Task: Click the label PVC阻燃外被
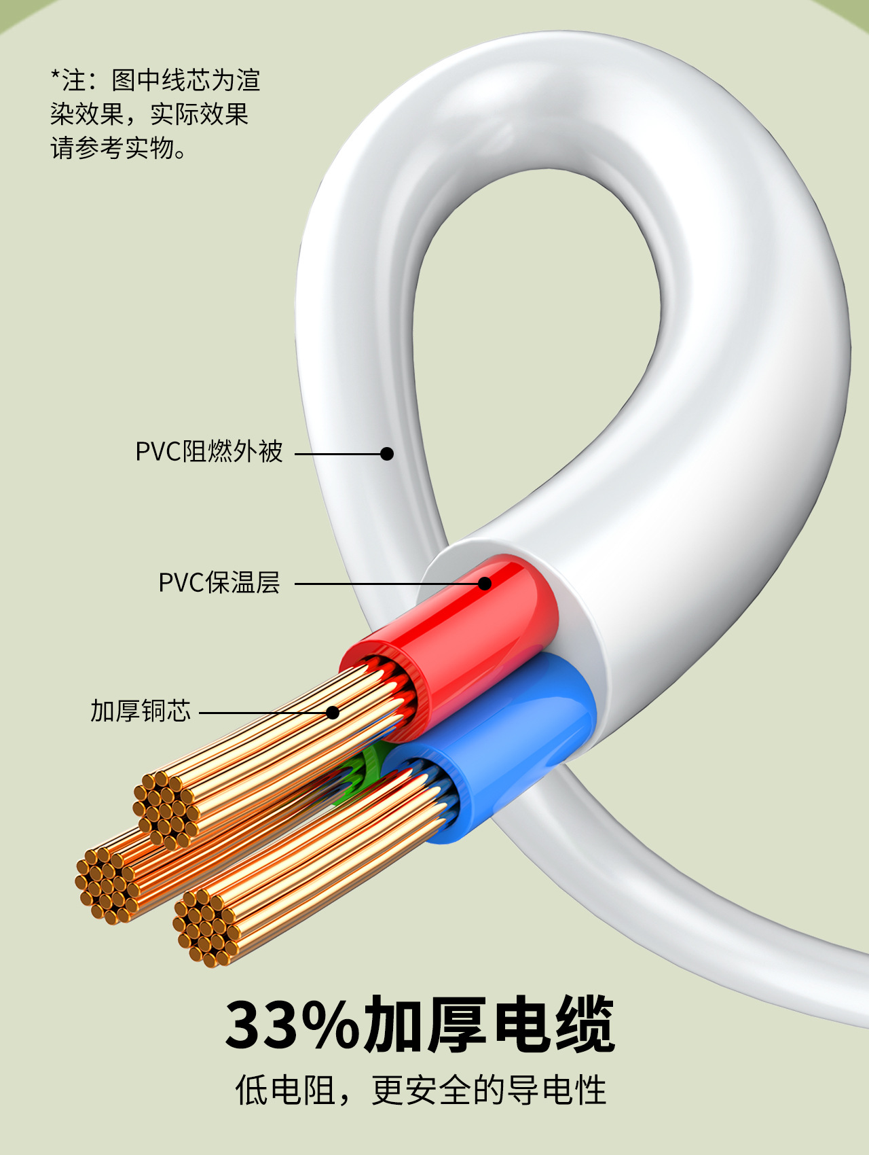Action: point(208,452)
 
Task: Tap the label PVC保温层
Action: point(219,583)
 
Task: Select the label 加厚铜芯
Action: point(141,711)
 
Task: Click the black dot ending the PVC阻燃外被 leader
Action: point(387,454)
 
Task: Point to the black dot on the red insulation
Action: point(485,584)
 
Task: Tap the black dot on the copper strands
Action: point(333,713)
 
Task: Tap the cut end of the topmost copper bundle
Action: point(166,808)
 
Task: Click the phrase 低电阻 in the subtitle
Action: point(285,1090)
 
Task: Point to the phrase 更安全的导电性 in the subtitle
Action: point(489,1090)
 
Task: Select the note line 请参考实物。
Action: point(119,148)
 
